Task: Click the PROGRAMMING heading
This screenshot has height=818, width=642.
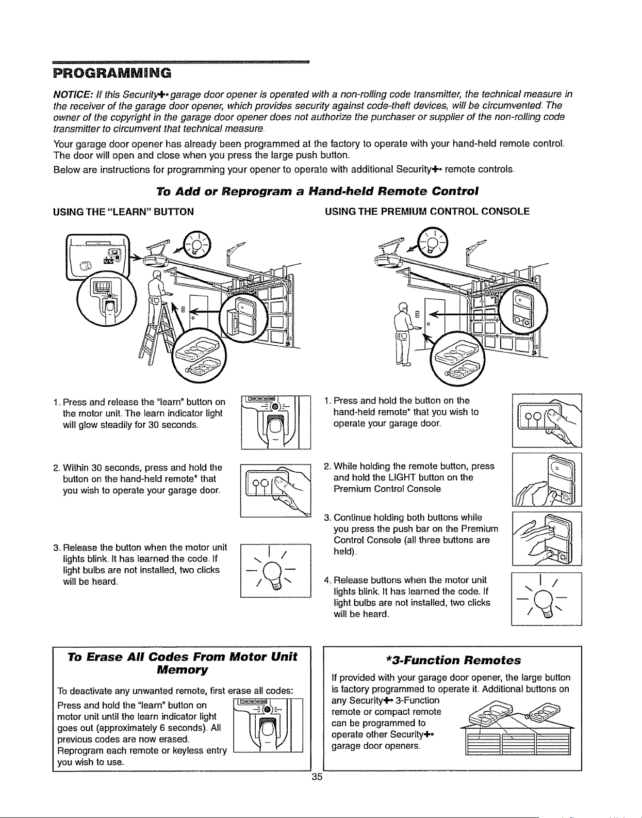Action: coord(112,72)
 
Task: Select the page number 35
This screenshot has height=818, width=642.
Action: coord(317,777)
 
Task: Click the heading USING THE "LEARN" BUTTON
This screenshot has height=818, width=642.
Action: coord(123,212)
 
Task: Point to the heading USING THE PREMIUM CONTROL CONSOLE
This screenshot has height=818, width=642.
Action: coord(427,211)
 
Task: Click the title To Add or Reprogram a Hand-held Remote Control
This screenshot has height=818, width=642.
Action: coord(317,191)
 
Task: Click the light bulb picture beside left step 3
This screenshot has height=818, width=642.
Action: coord(276,571)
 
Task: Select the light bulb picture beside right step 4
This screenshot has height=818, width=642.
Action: coord(547,599)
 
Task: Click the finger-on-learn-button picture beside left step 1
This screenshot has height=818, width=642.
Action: coord(276,422)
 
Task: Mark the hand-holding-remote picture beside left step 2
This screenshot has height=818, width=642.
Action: coord(276,490)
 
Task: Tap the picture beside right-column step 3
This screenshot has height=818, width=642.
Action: coord(547,538)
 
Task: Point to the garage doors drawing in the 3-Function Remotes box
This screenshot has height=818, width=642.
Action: coord(518,739)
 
